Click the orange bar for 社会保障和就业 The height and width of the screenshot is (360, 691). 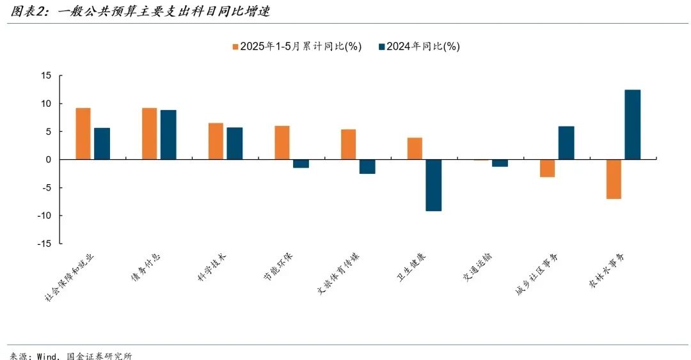pos(83,134)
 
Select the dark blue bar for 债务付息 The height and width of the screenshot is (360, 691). pos(168,135)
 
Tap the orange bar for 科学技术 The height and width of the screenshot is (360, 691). pos(216,141)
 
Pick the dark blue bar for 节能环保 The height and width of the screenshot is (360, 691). pos(301,164)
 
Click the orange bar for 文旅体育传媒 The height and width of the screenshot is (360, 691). pos(349,145)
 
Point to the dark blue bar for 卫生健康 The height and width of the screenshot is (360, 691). pos(433,185)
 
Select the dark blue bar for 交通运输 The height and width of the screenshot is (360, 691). pos(500,163)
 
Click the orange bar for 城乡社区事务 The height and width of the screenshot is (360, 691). pos(547,168)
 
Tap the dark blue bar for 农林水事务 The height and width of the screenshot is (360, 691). pos(632,125)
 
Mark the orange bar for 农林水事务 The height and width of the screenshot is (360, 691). pos(614,179)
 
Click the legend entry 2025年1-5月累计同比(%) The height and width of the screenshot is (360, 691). pos(297,47)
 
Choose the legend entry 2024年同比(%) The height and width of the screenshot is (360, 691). pos(419,47)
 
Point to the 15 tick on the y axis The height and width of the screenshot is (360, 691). pos(46,75)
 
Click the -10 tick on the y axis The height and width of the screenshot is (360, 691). pos(44,215)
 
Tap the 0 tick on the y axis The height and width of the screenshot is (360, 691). pos(49,160)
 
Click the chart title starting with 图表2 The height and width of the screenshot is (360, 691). pos(136,11)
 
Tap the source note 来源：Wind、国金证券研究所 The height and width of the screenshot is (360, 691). pos(71,354)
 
